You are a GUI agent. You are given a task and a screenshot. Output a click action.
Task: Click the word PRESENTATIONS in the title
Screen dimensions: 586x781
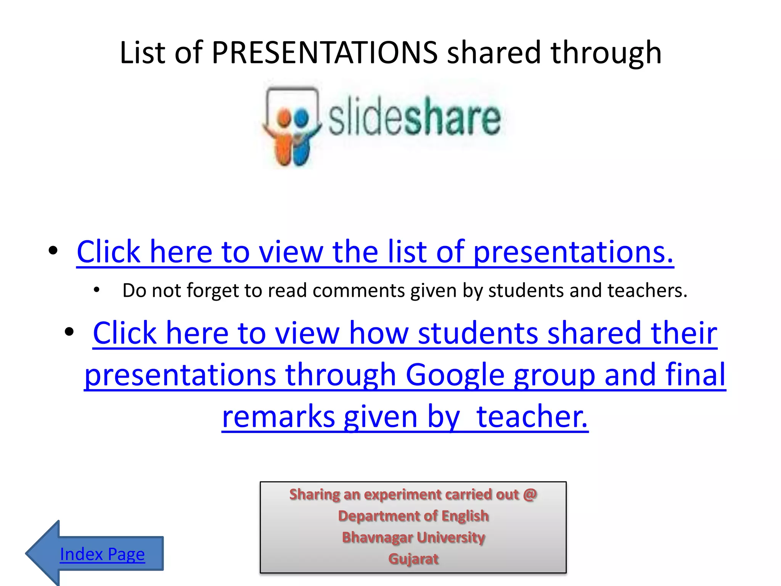[x=325, y=53]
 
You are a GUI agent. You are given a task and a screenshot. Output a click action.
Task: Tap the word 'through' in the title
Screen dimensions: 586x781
[x=606, y=53]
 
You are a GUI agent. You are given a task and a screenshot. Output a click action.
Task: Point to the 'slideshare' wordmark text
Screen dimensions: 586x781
[x=414, y=116]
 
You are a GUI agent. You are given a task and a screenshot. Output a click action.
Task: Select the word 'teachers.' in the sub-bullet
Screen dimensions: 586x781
[x=647, y=291]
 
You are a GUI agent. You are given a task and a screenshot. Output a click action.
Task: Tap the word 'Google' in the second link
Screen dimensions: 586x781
[x=455, y=375]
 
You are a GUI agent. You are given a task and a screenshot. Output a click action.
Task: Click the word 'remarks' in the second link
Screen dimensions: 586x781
[x=278, y=417]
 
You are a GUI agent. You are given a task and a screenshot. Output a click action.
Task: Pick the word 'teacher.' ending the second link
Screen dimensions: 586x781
[x=532, y=417]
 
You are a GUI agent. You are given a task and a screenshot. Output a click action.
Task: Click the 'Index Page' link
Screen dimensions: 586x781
[x=102, y=554]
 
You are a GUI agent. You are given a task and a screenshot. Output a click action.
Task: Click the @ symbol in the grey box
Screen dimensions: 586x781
[x=530, y=494]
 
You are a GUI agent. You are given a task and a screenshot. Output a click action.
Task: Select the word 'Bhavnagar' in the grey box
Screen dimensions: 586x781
[x=378, y=538]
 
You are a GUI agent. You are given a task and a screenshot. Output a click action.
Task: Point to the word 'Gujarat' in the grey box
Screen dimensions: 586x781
[x=413, y=559]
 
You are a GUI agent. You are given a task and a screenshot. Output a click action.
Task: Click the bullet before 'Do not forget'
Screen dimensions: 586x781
[x=96, y=290]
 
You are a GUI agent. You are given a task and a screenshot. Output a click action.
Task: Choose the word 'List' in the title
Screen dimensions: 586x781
[x=142, y=53]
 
